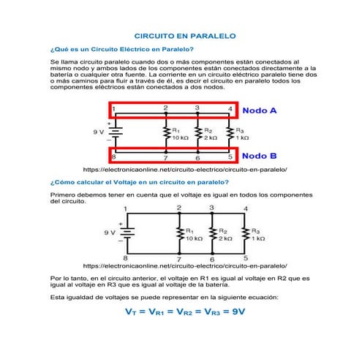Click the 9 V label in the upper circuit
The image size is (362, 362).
pyautogui.click(x=98, y=132)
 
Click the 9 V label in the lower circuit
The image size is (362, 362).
pyautogui.click(x=110, y=232)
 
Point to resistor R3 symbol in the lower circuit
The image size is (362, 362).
pyautogui.click(x=245, y=234)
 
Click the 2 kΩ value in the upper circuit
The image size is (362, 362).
pyautogui.click(x=211, y=137)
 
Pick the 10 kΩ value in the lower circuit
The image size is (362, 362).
pyautogui.click(x=194, y=238)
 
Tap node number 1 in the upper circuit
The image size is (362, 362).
pyautogui.click(x=113, y=109)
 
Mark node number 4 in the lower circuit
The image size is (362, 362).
pyautogui.click(x=245, y=209)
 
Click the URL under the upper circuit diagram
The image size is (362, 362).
pyautogui.click(x=186, y=169)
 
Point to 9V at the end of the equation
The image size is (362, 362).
pyautogui.click(x=233, y=312)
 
